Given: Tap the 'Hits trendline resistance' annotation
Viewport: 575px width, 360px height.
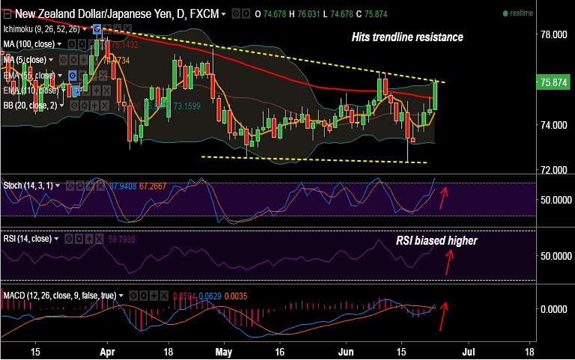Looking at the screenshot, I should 407,37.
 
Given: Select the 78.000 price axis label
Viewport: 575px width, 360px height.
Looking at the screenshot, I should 555,35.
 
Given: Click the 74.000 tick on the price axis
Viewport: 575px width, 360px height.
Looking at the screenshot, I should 555,125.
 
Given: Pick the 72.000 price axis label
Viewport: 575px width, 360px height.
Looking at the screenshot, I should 555,170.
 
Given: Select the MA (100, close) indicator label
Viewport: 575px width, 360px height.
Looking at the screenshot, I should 30,44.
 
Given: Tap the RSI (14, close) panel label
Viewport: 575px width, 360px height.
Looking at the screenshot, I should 27,239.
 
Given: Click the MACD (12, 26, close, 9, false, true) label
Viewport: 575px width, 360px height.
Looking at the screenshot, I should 59,296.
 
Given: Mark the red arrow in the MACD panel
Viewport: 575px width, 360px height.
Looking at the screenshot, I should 443,315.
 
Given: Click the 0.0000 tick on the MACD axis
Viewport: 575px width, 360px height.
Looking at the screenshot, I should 555,309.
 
